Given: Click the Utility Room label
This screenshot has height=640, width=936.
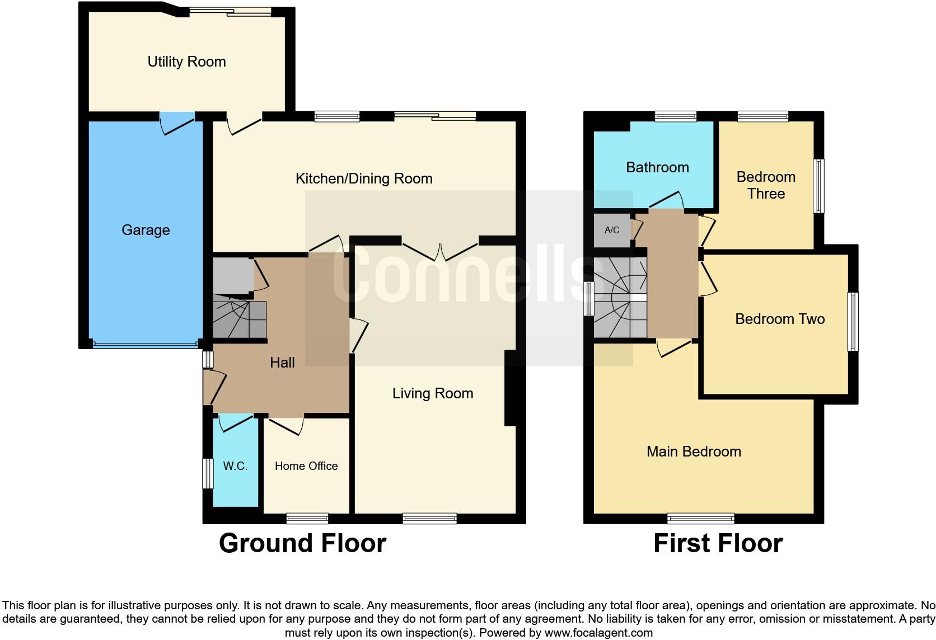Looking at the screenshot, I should pos(186,62).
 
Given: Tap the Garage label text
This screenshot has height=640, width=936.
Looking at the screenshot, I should pos(146,230).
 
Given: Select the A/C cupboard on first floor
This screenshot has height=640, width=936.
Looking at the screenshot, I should pos(612,230).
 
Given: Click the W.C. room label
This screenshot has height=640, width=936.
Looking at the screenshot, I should pos(235,466).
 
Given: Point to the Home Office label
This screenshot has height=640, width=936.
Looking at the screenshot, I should pos(306,466).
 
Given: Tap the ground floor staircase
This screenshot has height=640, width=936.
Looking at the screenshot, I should pos(239,319).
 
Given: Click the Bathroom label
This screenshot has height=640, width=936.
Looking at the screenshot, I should pos(657,167).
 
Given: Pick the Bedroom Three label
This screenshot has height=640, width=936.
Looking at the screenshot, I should pos(766,185).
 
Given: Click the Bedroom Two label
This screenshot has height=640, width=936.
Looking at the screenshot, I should pos(780,319).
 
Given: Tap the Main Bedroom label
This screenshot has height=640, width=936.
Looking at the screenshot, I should pos(694,451).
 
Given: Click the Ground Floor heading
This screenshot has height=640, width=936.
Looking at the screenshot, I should pos(302,543).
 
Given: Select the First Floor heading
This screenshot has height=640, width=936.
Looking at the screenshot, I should pos(718,543).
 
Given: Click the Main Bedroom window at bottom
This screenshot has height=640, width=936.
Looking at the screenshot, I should pos(701,519).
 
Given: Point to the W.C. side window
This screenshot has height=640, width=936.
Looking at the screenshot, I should pos(208,473).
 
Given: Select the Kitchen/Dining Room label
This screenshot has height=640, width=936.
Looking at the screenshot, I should pos(364,178).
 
